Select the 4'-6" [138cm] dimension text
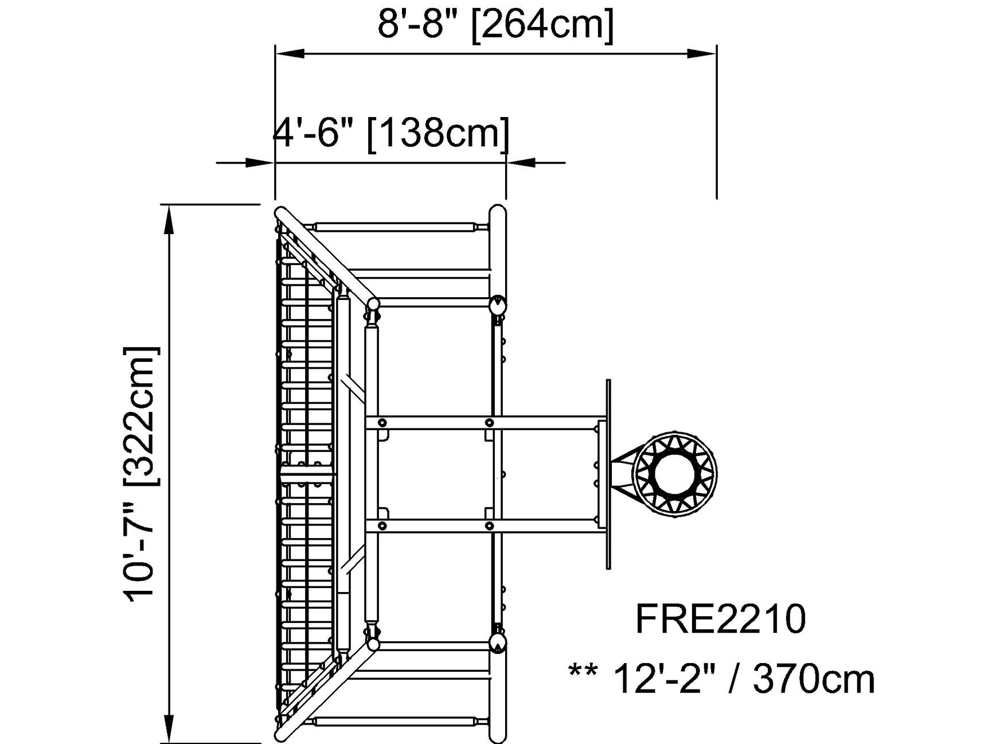tap(391, 133)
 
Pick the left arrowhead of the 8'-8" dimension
tap(290, 53)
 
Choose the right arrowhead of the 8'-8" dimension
tap(702, 53)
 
